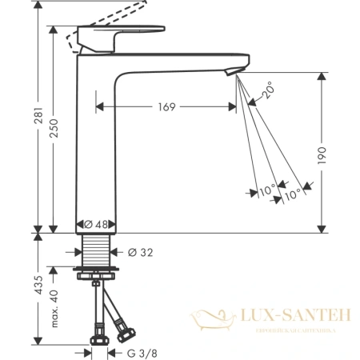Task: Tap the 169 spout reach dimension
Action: click(166, 106)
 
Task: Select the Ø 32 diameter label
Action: click(139, 253)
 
